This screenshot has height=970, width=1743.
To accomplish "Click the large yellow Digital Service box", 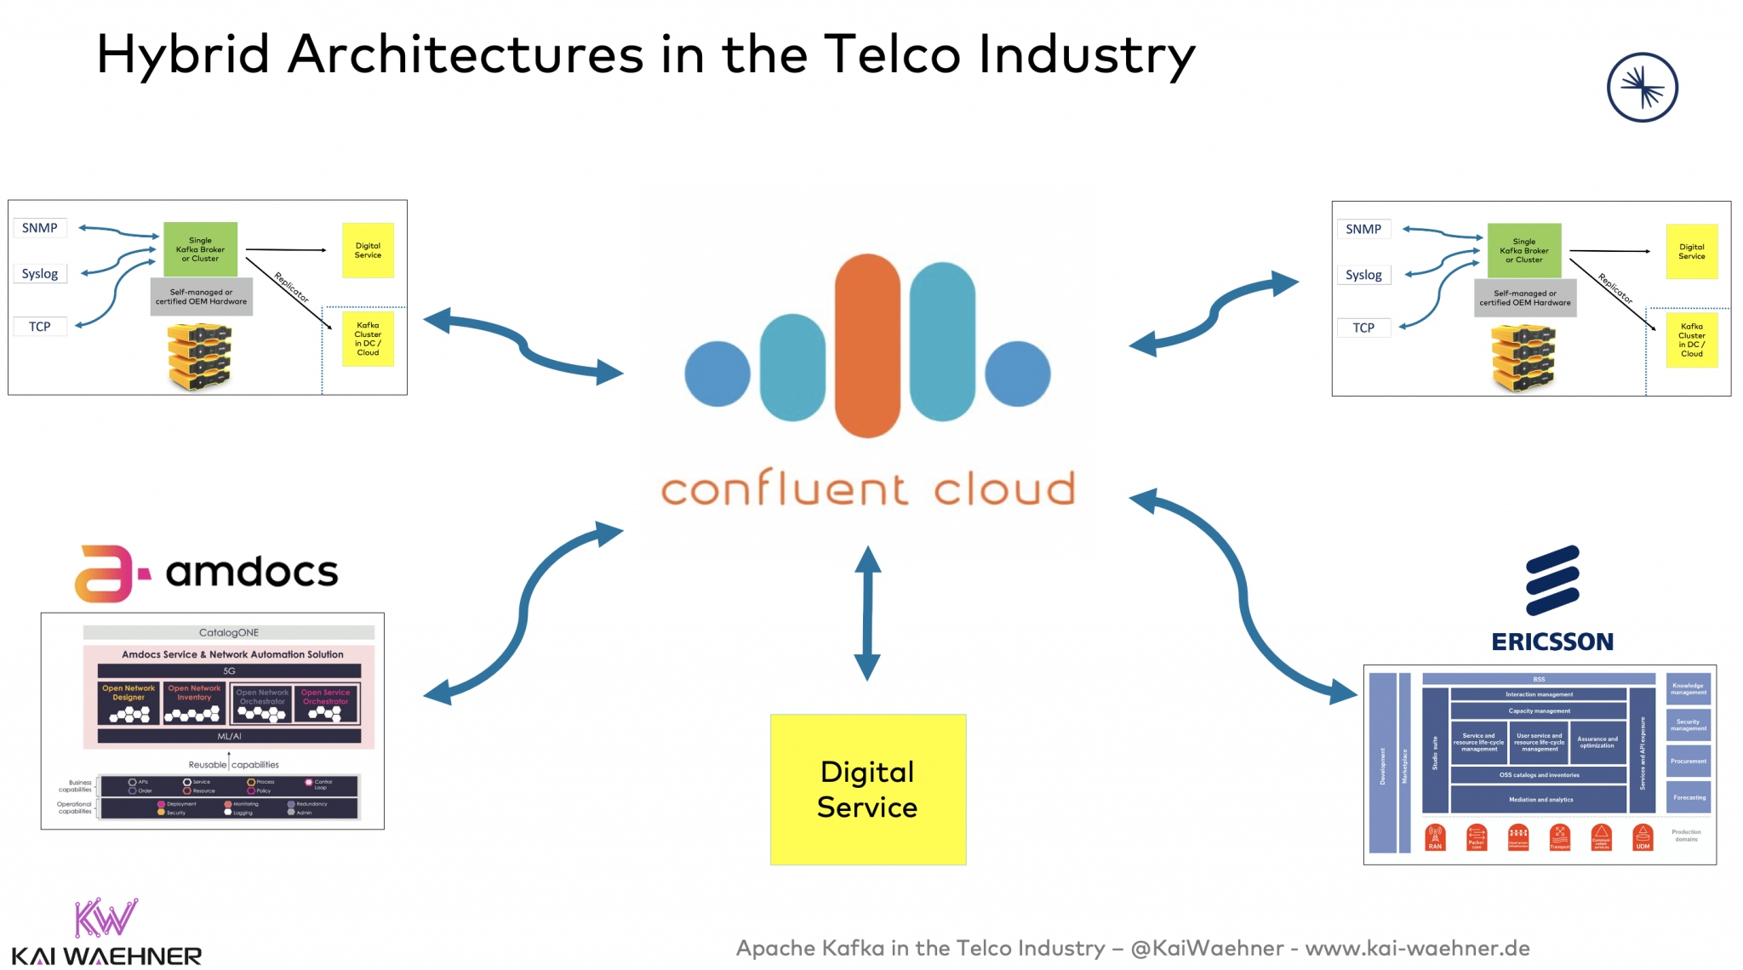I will (867, 789).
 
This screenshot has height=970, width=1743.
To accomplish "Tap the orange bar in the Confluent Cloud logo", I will (866, 345).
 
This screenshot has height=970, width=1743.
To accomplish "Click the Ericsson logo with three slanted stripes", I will (1552, 580).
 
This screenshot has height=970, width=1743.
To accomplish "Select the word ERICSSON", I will (1552, 642).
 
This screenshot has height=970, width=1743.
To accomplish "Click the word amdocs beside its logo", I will (252, 572).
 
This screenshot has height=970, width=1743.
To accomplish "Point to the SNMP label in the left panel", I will (40, 228).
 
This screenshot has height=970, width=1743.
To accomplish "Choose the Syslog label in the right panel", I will (1363, 275).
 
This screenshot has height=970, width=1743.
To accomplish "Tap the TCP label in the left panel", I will (40, 327).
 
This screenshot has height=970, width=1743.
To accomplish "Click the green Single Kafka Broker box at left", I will (200, 249).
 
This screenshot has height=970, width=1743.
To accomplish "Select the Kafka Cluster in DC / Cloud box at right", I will (1691, 339).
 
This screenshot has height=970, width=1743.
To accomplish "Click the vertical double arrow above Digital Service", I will (867, 613).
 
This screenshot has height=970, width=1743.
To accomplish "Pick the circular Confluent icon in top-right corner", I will (1642, 88).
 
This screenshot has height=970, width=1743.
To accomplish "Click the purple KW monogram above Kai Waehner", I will (106, 917).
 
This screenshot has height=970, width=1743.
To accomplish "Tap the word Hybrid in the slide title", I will (183, 54).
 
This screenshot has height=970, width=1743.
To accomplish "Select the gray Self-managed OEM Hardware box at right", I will (1524, 298).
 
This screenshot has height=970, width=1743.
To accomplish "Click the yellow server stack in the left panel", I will (199, 357).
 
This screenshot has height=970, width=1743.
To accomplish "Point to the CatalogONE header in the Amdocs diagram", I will (229, 632).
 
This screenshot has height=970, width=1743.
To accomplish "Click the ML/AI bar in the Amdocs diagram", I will (229, 736).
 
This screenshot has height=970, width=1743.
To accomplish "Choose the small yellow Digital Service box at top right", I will (1691, 251).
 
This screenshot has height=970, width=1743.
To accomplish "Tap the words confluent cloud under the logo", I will (867, 489).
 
